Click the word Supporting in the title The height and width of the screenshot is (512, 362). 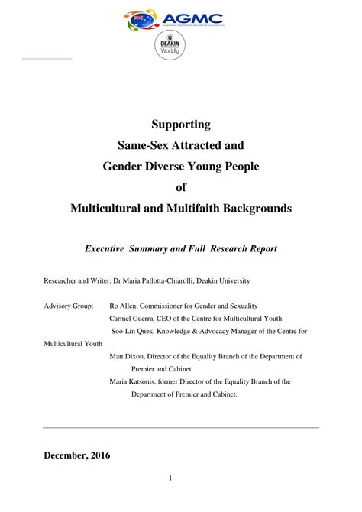[x=181, y=124]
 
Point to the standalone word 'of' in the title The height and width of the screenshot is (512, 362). [x=181, y=186]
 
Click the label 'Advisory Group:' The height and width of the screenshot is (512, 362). [x=69, y=306]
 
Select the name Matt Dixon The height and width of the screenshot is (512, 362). [x=130, y=356]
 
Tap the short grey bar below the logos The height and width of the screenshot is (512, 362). [x=47, y=59]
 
